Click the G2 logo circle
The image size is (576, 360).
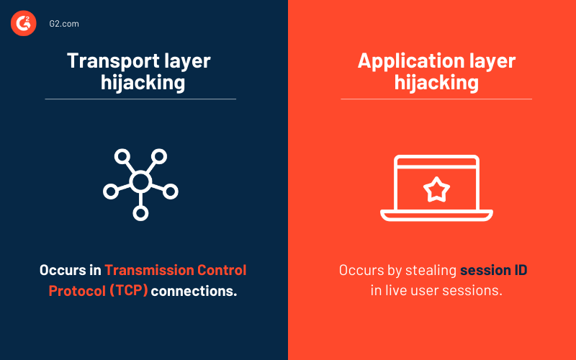coord(23,24)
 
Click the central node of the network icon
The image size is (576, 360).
coord(140,181)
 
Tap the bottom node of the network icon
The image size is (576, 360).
coord(140,213)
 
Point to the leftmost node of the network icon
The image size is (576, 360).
coord(110,192)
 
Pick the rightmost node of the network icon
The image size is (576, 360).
coord(171,192)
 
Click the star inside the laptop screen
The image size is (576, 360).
coord(436,190)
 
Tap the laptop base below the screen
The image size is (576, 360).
coord(436,215)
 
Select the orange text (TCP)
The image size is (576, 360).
coord(128,292)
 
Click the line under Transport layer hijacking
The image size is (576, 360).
coord(140,99)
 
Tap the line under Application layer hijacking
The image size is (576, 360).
coord(436,99)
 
